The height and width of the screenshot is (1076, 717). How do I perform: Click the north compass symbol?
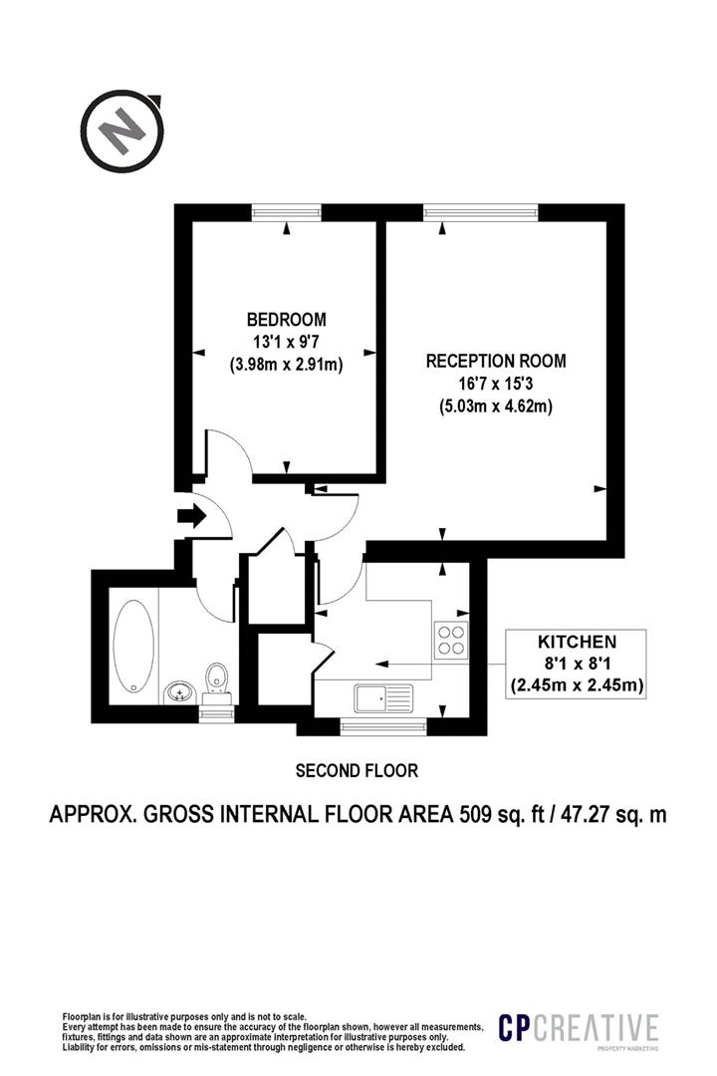pos(123,131)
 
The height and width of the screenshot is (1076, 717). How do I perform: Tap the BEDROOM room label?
pos(286,319)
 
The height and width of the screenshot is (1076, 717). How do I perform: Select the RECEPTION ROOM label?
pos(496,361)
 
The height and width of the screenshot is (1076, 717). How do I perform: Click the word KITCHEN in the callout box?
pos(577,642)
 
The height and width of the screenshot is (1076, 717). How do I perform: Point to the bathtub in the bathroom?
pos(133,645)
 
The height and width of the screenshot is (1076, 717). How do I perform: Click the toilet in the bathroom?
pos(217,682)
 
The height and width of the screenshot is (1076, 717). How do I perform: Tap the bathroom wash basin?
pos(180,691)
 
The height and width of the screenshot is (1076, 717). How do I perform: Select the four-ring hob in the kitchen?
pos(451,640)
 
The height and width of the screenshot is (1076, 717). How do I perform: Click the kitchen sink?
pos(383,698)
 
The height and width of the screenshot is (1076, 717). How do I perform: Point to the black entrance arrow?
pos(191,515)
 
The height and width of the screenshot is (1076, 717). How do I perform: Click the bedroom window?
pos(287,212)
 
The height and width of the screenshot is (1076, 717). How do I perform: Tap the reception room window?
pos(480,212)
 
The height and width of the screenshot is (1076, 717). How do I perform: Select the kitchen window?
pos(383,726)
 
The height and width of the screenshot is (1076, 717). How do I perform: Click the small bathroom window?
pos(217,713)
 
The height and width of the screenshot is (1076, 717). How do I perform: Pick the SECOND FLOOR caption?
pos(357,770)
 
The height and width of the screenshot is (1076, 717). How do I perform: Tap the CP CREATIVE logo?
pos(578,1028)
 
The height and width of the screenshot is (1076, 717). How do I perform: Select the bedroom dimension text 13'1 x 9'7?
pos(286,342)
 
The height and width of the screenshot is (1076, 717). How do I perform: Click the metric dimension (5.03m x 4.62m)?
pos(496,406)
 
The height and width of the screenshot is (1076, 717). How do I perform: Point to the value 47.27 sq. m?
pos(614,815)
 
